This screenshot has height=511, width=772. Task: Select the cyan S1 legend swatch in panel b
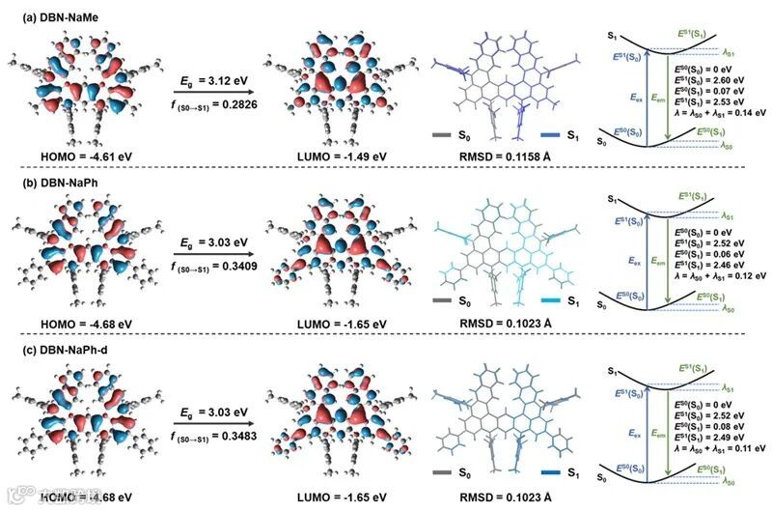tap(553, 302)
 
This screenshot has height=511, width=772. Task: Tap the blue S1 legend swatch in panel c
tap(553, 474)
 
